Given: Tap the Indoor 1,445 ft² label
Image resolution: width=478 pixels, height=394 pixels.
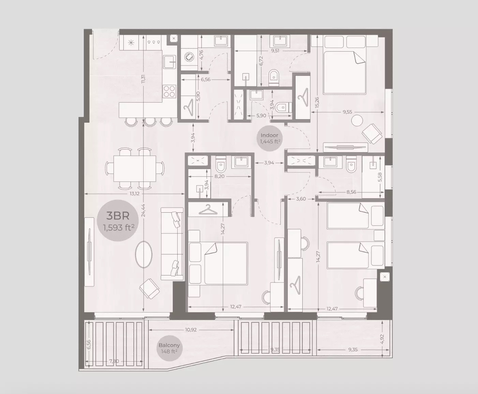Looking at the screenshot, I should point(269,138).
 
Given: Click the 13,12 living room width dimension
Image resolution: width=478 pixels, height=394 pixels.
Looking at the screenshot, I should point(134,193).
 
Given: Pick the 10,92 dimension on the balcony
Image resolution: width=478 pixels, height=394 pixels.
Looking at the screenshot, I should point(191,330).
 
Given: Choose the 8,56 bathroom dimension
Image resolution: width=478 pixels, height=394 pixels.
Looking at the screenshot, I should point(351,192).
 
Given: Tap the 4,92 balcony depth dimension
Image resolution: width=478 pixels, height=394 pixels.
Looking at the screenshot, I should point(382,339).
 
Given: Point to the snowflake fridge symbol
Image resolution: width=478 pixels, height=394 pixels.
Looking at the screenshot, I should point(131,43).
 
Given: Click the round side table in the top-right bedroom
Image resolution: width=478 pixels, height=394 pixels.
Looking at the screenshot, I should point(357,121).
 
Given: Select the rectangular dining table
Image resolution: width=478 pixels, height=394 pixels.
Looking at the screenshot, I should point(134,168).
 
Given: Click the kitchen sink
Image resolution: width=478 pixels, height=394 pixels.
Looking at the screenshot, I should point(169,61).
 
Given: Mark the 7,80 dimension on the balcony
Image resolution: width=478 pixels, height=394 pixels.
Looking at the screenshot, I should point(114,361).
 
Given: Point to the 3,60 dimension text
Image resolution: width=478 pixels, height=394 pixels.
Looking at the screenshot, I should point(301,199).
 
